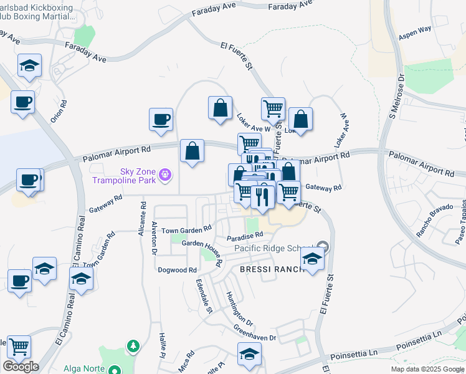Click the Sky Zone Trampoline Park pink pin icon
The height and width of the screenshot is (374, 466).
[164, 173]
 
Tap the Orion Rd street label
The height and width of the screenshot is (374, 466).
[58, 112]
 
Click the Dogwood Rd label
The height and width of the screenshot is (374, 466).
[178, 270]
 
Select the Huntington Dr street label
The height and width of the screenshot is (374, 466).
[239, 309]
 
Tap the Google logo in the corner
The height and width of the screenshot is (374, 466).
[21, 367]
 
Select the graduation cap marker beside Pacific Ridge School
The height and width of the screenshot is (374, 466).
[312, 258]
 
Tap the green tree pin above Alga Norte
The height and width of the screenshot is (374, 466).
[131, 345]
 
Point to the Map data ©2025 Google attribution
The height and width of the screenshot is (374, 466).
[426, 369]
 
